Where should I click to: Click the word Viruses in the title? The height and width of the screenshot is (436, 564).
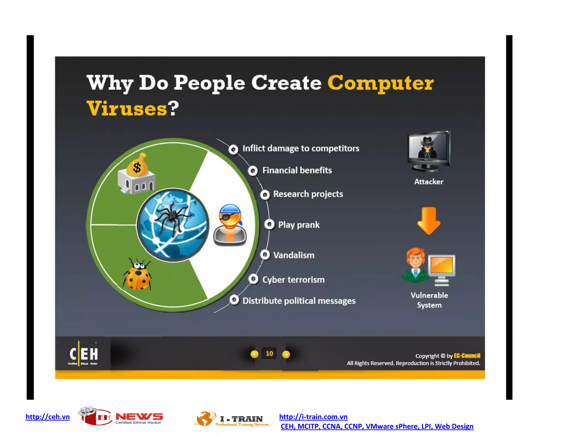[x=127, y=108]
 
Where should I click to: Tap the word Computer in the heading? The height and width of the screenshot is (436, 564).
[x=380, y=83]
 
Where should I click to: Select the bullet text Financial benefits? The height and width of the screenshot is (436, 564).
[x=297, y=170]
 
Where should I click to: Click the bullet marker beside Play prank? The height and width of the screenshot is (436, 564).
[x=269, y=224]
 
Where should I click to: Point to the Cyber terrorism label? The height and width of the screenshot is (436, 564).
[x=293, y=280]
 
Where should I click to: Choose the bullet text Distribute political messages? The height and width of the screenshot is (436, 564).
[x=299, y=301]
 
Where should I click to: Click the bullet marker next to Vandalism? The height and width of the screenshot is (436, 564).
[x=265, y=255]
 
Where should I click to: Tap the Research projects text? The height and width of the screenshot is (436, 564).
[x=308, y=194]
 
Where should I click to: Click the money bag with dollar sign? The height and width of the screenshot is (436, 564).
[x=137, y=166]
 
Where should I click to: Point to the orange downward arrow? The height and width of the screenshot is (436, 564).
[x=429, y=220]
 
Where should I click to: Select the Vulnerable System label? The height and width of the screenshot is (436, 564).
[x=429, y=300]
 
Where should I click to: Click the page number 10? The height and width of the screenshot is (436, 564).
[x=269, y=354]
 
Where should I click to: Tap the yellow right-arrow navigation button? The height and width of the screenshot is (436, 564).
[x=286, y=354]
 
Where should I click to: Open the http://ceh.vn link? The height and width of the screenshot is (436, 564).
[x=48, y=417]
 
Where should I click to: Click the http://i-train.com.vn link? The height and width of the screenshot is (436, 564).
[x=313, y=417]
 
